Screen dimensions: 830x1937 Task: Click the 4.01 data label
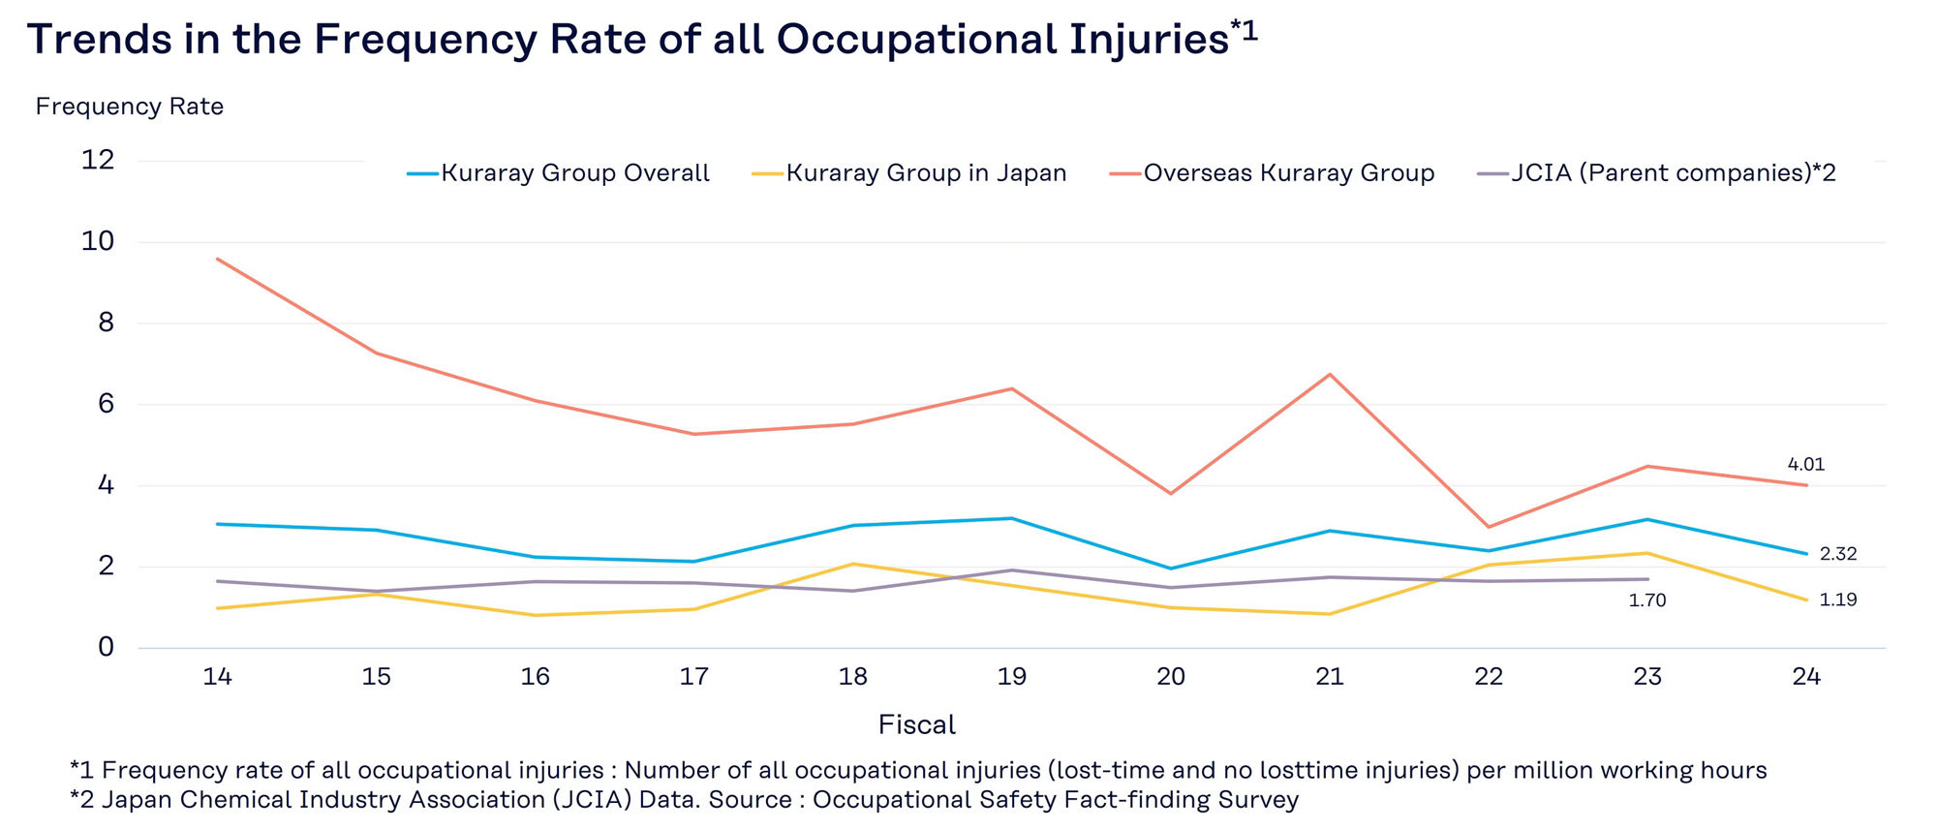(1805, 465)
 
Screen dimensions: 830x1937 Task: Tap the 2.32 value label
(1837, 554)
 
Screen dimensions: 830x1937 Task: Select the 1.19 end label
(1837, 599)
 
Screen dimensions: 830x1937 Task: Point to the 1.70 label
(1646, 600)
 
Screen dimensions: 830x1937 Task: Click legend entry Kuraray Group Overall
(574, 173)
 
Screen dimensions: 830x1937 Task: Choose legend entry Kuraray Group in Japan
(925, 173)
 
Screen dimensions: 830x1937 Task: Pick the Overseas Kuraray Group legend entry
(1288, 173)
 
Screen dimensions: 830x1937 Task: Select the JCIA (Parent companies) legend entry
(1673, 173)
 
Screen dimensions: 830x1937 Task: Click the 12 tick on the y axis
(98, 160)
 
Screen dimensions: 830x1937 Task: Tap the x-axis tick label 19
(1011, 676)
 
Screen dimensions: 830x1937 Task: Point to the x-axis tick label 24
(1805, 676)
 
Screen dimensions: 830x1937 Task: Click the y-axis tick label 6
(106, 404)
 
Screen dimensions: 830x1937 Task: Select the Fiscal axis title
(916, 724)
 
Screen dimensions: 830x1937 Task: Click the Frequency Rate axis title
(130, 107)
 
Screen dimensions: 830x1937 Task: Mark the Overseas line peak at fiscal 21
(1330, 374)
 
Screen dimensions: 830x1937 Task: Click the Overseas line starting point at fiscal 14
(218, 259)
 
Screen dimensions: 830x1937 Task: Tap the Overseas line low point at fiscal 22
(1489, 527)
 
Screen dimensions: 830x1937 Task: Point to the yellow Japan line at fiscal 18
(852, 564)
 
